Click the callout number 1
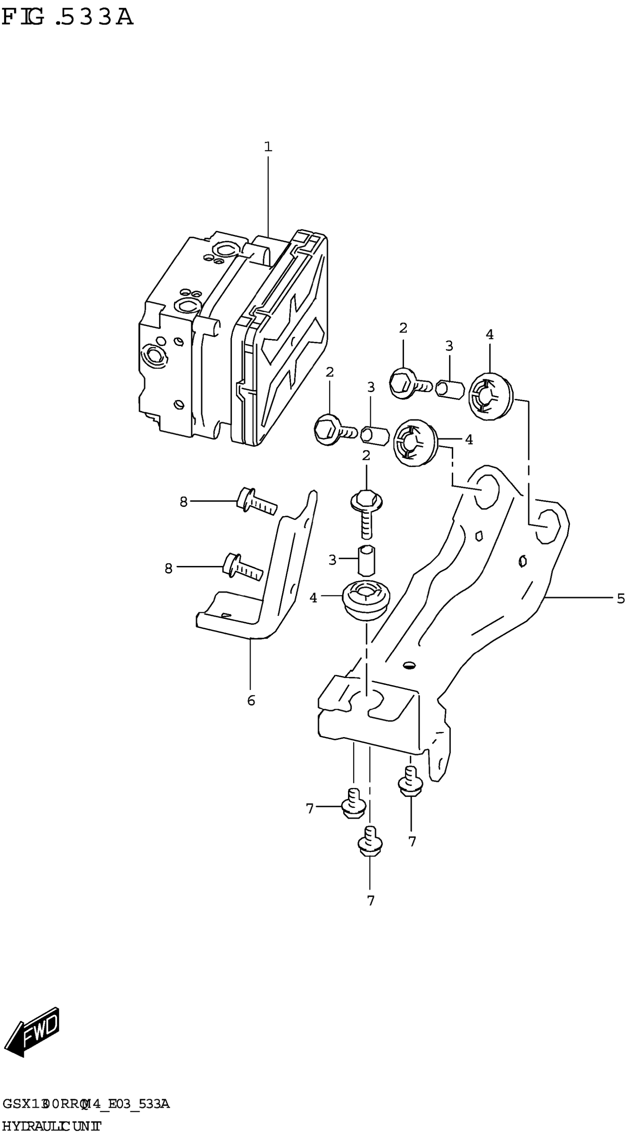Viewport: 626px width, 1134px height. [x=268, y=147]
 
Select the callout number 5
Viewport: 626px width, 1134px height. [x=620, y=598]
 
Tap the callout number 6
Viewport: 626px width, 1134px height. [x=251, y=700]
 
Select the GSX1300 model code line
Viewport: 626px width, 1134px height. [x=86, y=1104]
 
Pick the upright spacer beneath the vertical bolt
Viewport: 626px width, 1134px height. [x=366, y=560]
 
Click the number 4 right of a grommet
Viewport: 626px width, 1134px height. [x=469, y=439]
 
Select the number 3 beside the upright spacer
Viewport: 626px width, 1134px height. [x=333, y=560]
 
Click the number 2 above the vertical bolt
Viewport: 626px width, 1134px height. [x=366, y=456]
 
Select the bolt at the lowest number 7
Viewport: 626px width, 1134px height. [x=370, y=841]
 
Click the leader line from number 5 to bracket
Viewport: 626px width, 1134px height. [x=579, y=597]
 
